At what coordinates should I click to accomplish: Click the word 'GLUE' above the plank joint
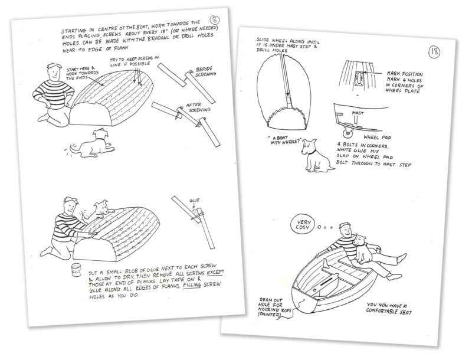(x=196, y=201)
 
